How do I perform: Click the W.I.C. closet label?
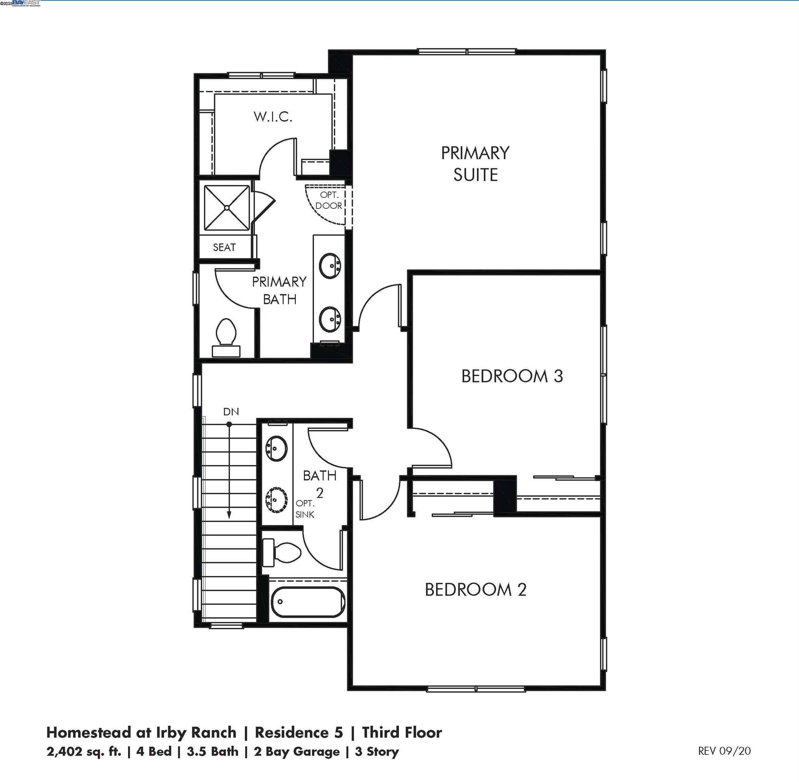click(x=273, y=117)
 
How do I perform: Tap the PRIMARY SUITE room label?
click(x=475, y=164)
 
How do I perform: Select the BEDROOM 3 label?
click(x=512, y=376)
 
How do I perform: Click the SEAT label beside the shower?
click(x=224, y=247)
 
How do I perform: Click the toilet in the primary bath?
click(x=226, y=337)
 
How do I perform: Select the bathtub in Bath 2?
click(x=308, y=602)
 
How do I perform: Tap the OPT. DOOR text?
click(x=329, y=200)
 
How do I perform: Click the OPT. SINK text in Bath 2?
click(x=305, y=509)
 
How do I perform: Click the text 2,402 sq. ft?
click(x=84, y=751)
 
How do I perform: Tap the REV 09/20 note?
click(x=724, y=751)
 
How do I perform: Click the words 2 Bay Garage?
click(x=297, y=751)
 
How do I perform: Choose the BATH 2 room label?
click(x=320, y=483)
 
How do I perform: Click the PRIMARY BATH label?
click(x=279, y=291)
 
